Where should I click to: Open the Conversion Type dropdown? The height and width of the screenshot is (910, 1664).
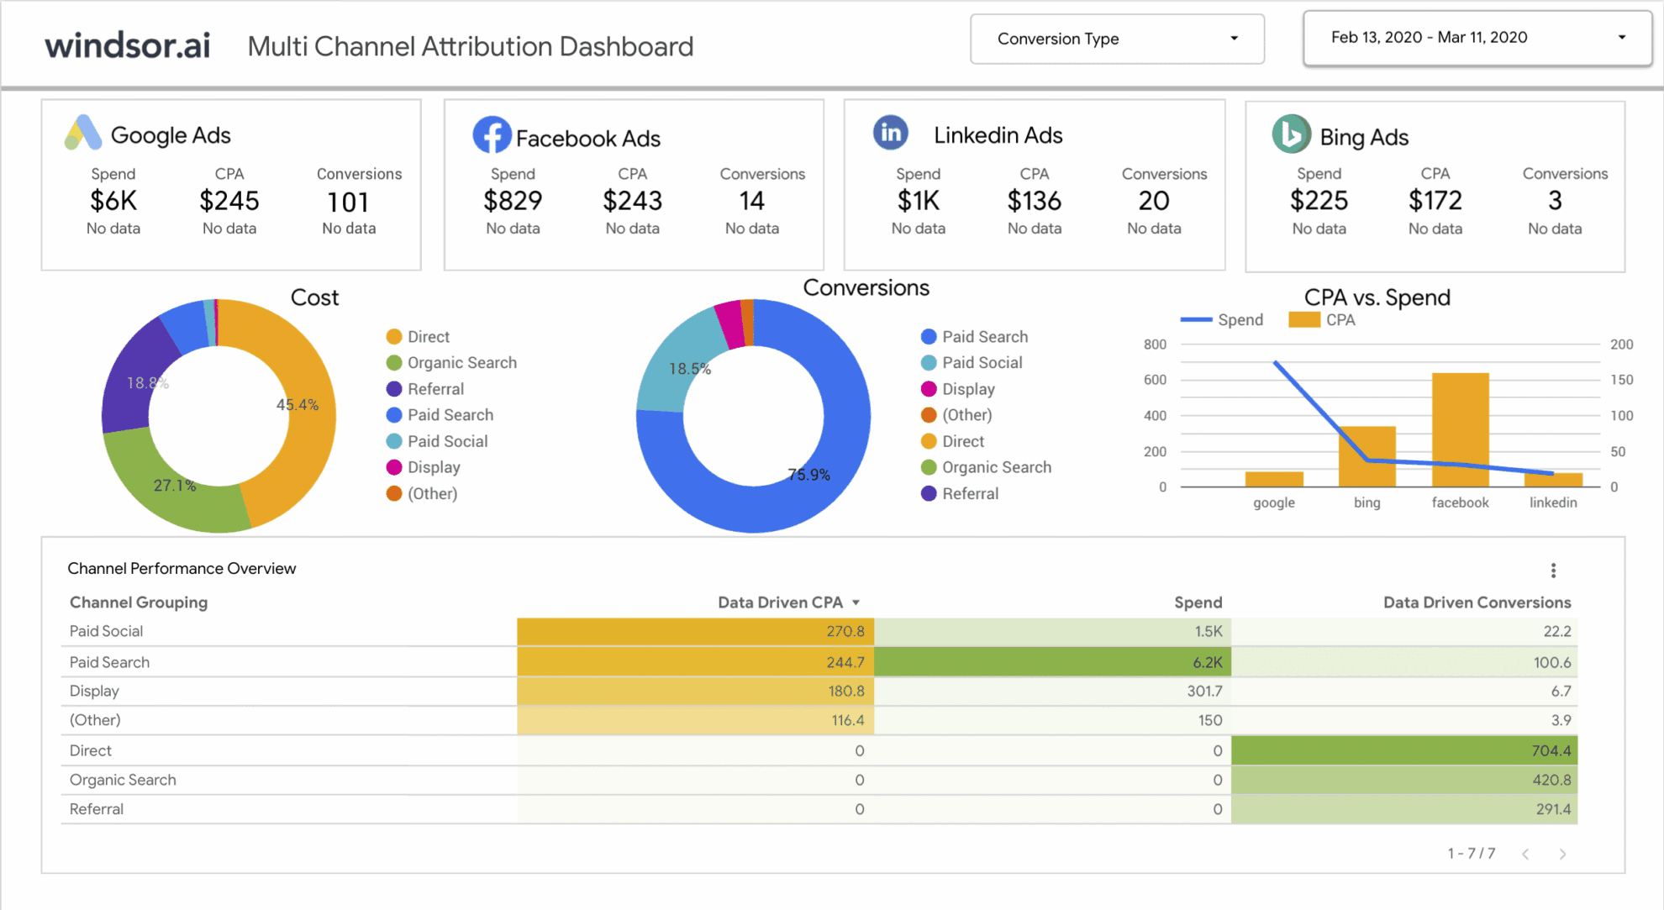point(1116,39)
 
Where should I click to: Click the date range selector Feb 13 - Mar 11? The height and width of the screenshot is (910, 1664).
point(1476,38)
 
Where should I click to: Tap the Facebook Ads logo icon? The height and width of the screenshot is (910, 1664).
point(492,135)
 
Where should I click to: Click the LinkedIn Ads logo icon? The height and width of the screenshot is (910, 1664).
point(890,133)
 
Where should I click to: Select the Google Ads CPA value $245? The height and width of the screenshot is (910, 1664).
point(229,202)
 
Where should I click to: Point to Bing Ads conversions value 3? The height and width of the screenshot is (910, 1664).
point(1555,201)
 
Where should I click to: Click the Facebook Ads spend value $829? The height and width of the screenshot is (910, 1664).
point(512,202)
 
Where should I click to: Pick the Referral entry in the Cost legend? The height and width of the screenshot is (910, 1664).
point(434,389)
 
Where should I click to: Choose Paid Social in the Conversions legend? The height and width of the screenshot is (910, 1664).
point(981,363)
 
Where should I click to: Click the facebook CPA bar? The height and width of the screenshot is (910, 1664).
point(1460,429)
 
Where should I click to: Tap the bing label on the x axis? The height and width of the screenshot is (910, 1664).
point(1366,502)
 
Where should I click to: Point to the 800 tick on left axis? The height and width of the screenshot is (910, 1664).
point(1155,345)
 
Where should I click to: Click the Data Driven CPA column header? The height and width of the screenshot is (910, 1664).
point(781,602)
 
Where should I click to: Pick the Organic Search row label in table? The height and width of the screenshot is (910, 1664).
point(123,780)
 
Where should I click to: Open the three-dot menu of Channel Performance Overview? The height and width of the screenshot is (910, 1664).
point(1553,571)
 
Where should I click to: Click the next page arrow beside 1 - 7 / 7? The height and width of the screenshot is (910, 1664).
point(1562,854)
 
